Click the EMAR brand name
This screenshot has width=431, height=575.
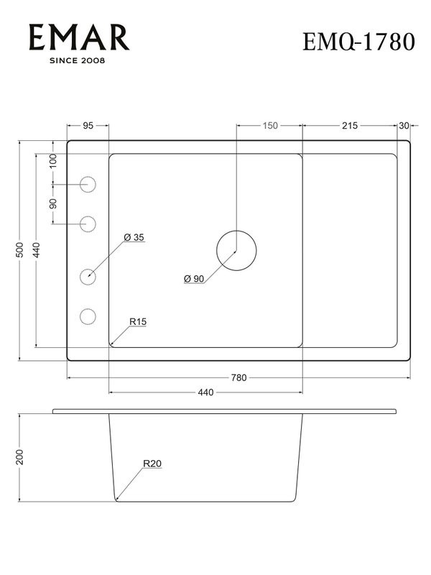click(78, 37)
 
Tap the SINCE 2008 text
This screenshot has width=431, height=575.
click(78, 61)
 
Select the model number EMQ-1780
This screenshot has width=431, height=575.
click(359, 42)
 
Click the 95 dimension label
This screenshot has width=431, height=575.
click(88, 126)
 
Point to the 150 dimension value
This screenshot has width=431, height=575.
click(269, 126)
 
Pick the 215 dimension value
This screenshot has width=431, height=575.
click(349, 126)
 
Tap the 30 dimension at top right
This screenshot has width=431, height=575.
click(404, 126)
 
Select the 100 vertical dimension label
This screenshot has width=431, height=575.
click(53, 161)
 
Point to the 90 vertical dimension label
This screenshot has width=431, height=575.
click(53, 203)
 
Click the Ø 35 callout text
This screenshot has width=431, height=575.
click(134, 237)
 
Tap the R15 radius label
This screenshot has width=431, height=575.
click(138, 321)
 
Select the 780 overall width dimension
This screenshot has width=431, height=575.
click(238, 377)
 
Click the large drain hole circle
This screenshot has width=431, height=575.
click(236, 250)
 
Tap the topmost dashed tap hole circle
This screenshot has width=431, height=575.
click(88, 184)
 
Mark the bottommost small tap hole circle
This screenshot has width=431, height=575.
click(88, 316)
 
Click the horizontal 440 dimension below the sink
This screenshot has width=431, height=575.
click(205, 392)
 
